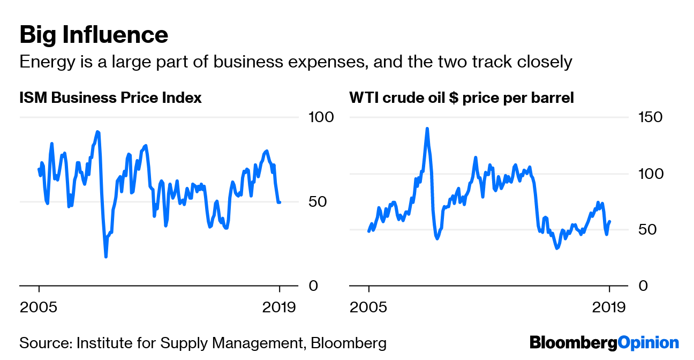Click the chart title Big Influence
pyautogui.click(x=94, y=35)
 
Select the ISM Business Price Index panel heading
pyautogui.click(x=110, y=98)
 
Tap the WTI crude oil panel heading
pyautogui.click(x=462, y=98)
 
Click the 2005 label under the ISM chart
pyautogui.click(x=39, y=307)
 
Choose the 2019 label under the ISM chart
pyautogui.click(x=279, y=307)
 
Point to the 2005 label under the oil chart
pyautogui.click(x=369, y=307)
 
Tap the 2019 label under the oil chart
pyautogui.click(x=609, y=307)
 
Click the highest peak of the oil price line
pyautogui.click(x=427, y=129)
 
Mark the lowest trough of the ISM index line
pyautogui.click(x=106, y=257)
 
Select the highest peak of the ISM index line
pyautogui.click(x=97, y=131)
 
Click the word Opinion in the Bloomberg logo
pyautogui.click(x=648, y=342)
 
